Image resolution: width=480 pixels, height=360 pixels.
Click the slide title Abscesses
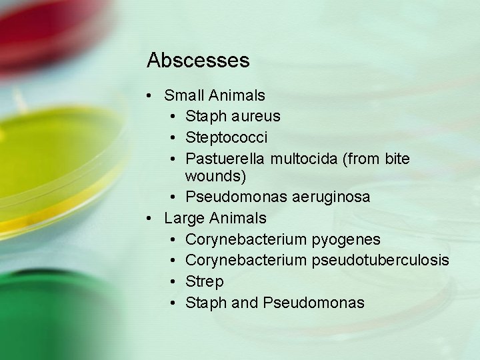pyautogui.click(x=198, y=61)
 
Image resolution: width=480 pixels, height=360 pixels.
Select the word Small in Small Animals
pyautogui.click(x=185, y=95)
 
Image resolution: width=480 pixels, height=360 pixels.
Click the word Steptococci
pyautogui.click(x=226, y=137)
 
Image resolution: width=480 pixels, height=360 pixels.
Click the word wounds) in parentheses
pyautogui.click(x=215, y=176)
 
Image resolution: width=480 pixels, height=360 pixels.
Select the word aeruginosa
pyautogui.click(x=333, y=197)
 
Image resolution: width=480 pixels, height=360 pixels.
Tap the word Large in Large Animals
pyautogui.click(x=184, y=218)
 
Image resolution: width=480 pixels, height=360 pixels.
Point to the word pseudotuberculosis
pyautogui.click(x=389, y=260)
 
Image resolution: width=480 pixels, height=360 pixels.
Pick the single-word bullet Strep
pyautogui.click(x=204, y=282)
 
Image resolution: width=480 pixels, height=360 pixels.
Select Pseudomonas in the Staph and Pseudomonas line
pyautogui.click(x=313, y=303)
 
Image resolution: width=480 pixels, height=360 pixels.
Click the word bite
pyautogui.click(x=395, y=159)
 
